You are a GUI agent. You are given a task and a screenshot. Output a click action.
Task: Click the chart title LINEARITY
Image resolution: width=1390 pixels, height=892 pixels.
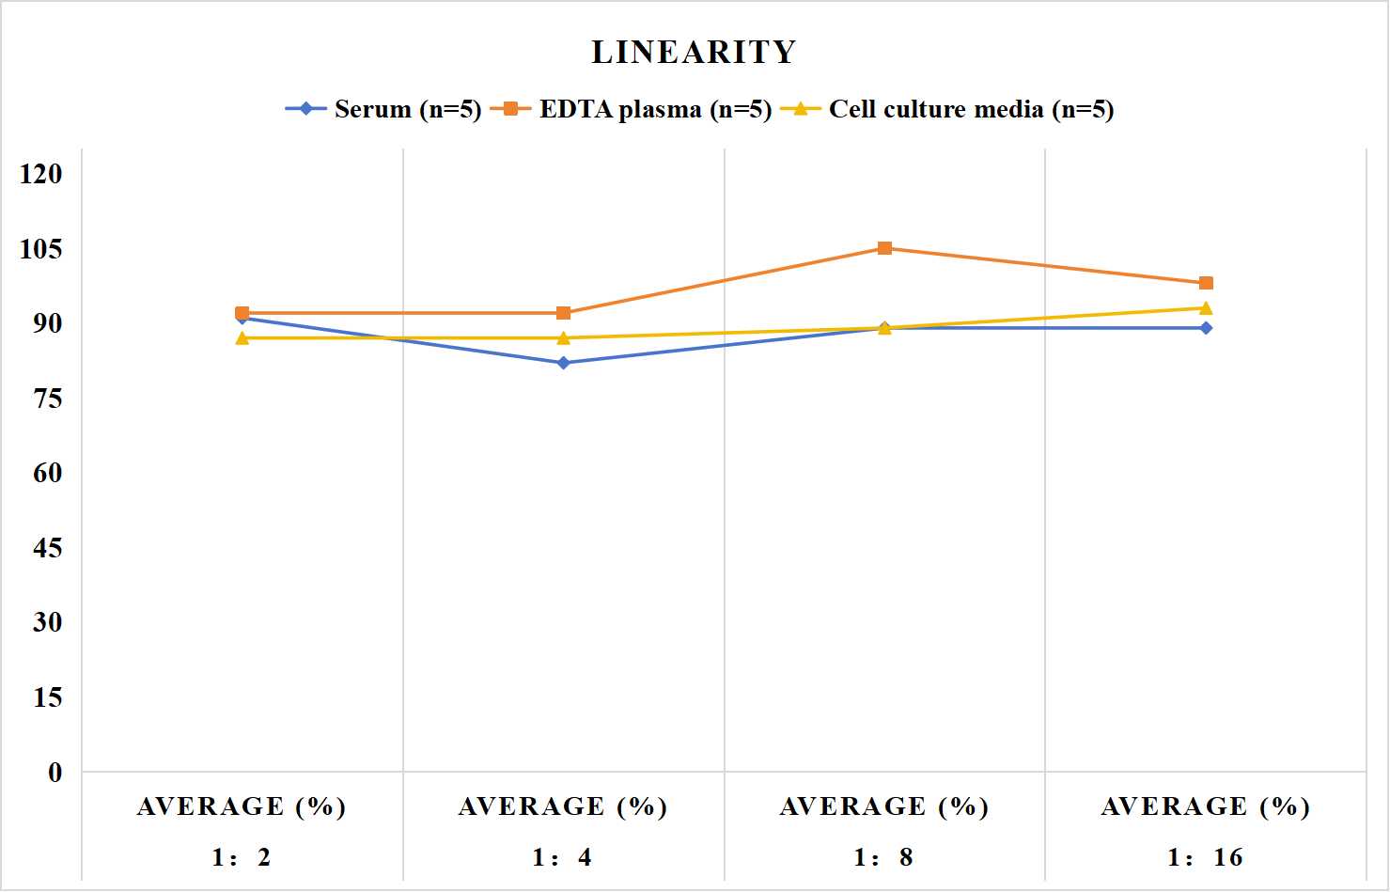click(694, 52)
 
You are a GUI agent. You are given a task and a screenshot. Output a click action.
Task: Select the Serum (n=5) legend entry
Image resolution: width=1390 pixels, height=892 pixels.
click(383, 109)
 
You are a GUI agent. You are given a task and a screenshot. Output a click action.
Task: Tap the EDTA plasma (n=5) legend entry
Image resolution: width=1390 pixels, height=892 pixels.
click(631, 109)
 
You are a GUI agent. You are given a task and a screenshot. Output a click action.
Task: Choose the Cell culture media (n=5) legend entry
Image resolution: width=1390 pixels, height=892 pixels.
click(947, 109)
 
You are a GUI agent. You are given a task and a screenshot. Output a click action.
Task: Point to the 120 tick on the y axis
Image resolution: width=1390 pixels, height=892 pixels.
click(41, 174)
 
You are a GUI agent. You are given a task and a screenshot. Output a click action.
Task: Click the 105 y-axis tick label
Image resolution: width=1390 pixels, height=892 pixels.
click(41, 249)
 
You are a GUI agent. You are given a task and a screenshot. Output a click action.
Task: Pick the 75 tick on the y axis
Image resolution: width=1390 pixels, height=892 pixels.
click(48, 399)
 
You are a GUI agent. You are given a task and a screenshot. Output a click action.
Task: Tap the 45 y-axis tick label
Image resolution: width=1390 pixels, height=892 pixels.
click(48, 548)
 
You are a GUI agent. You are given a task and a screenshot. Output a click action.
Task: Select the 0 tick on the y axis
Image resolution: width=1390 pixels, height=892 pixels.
click(55, 773)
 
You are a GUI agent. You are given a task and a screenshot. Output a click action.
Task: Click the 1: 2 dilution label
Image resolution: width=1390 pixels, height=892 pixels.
click(242, 857)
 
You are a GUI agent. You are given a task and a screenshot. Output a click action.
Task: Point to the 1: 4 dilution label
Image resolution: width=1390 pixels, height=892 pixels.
click(563, 857)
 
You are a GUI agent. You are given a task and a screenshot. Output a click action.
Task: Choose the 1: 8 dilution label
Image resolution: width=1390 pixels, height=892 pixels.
click(884, 857)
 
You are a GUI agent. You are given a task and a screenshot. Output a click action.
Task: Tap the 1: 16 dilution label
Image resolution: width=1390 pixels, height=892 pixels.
click(1206, 857)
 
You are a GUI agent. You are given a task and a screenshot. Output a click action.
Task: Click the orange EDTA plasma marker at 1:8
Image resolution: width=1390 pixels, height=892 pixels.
click(885, 248)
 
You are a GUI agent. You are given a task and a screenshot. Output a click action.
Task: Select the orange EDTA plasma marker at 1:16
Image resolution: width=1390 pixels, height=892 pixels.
click(1206, 283)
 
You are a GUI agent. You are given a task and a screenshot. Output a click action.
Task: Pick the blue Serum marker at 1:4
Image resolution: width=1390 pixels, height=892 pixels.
click(564, 363)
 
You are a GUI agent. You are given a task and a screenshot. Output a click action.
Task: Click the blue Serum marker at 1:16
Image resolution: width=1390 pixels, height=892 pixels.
click(1206, 328)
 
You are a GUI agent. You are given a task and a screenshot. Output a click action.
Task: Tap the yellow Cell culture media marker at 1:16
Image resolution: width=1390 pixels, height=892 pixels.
click(1206, 308)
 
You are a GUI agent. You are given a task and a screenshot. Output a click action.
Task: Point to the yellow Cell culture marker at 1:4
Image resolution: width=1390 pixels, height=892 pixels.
click(564, 337)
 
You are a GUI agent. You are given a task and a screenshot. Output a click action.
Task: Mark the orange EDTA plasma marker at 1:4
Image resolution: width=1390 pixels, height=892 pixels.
click(564, 313)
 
